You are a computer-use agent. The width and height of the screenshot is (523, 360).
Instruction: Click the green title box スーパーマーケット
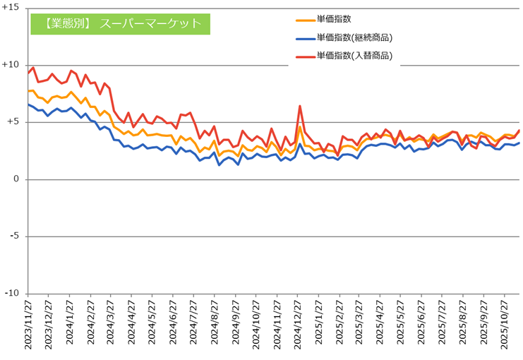120,23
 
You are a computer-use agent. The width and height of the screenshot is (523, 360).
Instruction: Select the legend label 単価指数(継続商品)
354,37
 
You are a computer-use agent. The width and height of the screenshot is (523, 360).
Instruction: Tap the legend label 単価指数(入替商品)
354,55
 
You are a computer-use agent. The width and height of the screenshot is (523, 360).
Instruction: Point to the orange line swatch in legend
303,20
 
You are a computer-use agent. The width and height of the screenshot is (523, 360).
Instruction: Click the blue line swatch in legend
303,37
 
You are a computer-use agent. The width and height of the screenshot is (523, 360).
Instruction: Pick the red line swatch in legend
303,55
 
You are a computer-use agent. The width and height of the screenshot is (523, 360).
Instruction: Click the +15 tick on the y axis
11,8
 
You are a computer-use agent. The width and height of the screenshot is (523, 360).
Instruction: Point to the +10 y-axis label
11,65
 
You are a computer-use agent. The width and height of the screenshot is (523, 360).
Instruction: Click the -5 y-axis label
15,236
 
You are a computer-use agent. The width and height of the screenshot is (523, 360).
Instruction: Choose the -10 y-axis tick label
13,294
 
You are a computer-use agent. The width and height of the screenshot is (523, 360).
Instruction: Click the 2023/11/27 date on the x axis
28,327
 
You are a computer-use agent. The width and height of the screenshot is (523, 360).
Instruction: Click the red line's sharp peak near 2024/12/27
300,106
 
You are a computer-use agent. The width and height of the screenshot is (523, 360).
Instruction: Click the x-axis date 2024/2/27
90,327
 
